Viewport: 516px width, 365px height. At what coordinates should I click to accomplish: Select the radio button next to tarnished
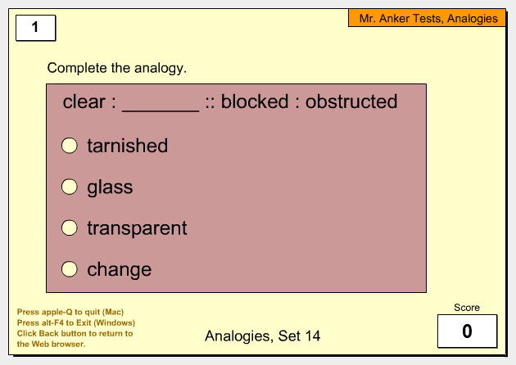pos(70,146)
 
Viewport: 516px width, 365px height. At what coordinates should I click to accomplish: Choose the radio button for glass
pos(70,187)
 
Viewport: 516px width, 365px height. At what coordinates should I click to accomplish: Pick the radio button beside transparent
pos(70,228)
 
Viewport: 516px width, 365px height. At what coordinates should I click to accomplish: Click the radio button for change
pos(70,269)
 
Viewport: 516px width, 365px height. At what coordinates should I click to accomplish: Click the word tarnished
pos(127,146)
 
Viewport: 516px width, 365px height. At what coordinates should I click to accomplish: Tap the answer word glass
pos(110,187)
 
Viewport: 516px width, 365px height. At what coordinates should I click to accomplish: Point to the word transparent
pos(137,228)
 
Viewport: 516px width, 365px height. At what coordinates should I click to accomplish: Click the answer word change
pos(119,270)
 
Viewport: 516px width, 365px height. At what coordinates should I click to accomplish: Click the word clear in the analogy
pos(84,101)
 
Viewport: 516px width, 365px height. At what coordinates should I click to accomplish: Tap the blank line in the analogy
pos(161,111)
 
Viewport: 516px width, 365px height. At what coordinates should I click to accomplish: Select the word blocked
pos(255,101)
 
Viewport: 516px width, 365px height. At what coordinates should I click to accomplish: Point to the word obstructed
pos(351,101)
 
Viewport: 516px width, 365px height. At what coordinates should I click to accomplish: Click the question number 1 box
pos(36,28)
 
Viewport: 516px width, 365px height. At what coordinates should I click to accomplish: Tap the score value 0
pos(468,331)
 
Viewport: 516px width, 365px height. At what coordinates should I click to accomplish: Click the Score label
pos(467,308)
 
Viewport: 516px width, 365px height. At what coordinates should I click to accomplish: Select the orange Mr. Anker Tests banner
pos(427,18)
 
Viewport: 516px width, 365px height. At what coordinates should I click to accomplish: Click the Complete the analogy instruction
pos(117,69)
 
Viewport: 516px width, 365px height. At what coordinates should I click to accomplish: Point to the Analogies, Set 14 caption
pos(263,336)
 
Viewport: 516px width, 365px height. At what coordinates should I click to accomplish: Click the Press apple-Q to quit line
pos(70,312)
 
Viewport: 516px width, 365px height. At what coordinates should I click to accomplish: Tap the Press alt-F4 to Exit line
pos(76,323)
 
